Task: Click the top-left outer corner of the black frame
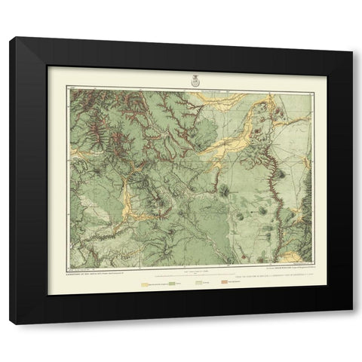click(x=10, y=37)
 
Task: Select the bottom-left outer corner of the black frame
click(x=10, y=324)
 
